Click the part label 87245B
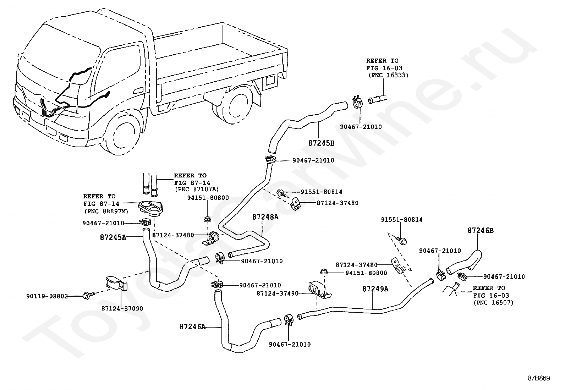coord(321,143)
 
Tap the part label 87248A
coord(265,217)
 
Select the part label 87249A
coord(375,289)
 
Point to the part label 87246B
coord(481,231)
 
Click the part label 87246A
coord(192,327)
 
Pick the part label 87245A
coord(113,237)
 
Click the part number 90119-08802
coord(47,296)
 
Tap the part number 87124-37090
coord(122,308)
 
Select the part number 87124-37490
coord(278,293)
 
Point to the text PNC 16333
coord(388,75)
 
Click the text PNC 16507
coord(493,302)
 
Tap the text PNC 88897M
coord(106,212)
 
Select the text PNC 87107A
coord(197,189)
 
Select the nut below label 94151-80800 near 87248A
coord(207,219)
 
